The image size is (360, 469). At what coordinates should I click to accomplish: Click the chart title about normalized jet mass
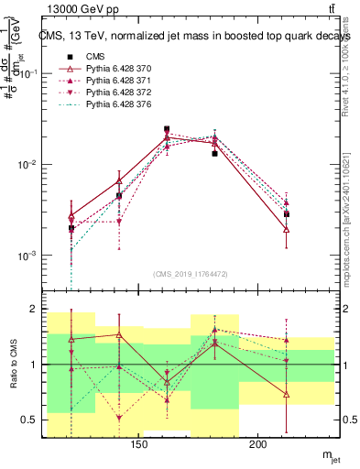tap(187, 36)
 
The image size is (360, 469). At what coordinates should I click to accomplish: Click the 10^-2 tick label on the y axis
tap(27, 165)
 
